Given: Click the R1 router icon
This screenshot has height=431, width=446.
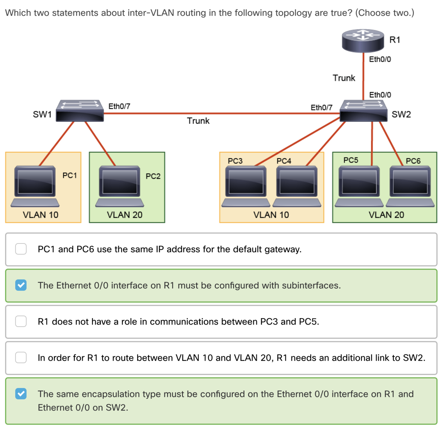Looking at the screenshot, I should tap(363, 41).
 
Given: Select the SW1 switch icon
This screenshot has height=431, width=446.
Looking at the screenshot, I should tap(80, 111).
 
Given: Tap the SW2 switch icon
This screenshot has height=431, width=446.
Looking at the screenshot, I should tap(363, 111).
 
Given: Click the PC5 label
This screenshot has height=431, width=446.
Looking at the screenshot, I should tap(351, 160).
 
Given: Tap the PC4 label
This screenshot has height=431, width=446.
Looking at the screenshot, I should tap(284, 161).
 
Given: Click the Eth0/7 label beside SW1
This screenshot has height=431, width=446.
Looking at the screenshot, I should tap(119, 106).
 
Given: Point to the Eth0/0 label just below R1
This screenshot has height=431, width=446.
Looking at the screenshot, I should tap(380, 59).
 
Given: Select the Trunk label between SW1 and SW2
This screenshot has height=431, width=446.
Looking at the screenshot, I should tap(198, 121).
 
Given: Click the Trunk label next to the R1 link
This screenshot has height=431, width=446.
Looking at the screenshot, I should tap(344, 78).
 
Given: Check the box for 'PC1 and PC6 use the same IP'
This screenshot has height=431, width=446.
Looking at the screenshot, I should tap(21, 249).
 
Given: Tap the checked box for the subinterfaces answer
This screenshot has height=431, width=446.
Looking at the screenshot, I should tap(21, 285).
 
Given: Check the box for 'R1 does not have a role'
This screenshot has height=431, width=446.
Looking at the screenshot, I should tap(21, 321).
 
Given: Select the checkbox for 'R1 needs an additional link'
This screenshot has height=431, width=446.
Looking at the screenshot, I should tap(21, 357).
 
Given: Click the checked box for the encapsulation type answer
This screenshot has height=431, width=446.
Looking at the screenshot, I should tap(21, 393).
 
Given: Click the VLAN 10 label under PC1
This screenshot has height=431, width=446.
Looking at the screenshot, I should tap(40, 215).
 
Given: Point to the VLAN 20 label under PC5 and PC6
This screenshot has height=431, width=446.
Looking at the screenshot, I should tap(386, 215).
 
